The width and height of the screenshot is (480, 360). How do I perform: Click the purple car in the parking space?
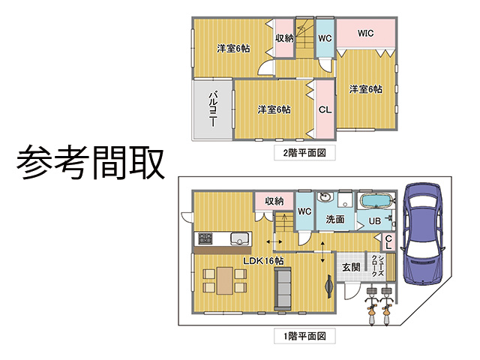pyautogui.click(x=424, y=233)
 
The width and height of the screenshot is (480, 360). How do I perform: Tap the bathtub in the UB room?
pyautogui.click(x=376, y=201)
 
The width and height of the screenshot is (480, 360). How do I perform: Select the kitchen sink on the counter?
pyautogui.click(x=241, y=238)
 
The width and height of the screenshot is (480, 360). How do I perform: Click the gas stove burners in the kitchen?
pyautogui.click(x=205, y=238)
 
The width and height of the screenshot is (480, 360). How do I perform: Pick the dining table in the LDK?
pyautogui.click(x=225, y=280)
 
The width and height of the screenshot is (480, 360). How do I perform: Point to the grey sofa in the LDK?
pyautogui.click(x=283, y=288)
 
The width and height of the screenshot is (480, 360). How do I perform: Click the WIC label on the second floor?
pyautogui.click(x=365, y=33)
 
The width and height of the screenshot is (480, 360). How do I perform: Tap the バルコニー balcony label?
pyautogui.click(x=213, y=109)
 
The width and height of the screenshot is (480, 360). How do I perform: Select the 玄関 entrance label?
pyautogui.click(x=351, y=267)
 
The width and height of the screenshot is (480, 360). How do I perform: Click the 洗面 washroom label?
pyautogui.click(x=335, y=219)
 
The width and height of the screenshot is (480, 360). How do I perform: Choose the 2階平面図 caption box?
pyautogui.click(x=304, y=153)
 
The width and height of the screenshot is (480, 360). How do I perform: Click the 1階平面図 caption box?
pyautogui.click(x=304, y=336)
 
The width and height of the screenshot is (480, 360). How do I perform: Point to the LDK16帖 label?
pyautogui.click(x=263, y=260)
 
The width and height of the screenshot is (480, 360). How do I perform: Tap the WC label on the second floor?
pyautogui.click(x=325, y=38)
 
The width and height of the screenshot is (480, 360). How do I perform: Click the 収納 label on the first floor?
pyautogui.click(x=274, y=201)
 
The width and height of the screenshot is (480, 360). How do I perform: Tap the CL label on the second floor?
pyautogui.click(x=325, y=109)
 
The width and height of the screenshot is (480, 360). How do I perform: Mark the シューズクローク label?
pyautogui.click(x=377, y=265)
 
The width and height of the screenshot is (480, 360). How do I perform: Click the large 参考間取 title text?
pyautogui.click(x=91, y=162)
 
